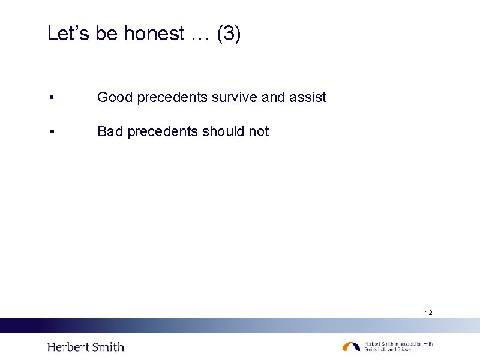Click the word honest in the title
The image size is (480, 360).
pos(154,34)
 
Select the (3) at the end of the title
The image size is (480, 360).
pos(229,34)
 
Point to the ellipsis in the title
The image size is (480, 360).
pos(201,36)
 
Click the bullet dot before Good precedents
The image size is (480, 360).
pos(53,98)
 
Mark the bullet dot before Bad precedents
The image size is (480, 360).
pos(53,132)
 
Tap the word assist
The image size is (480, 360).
pos(308,97)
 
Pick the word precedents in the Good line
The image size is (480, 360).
pos(172,97)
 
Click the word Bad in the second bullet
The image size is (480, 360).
pos(110,131)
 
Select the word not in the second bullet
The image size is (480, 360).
pos(259,131)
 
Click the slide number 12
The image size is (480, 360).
pos(428,313)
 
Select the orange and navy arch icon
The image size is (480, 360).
pos(351,346)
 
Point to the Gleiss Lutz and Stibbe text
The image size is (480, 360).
pos(388,349)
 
